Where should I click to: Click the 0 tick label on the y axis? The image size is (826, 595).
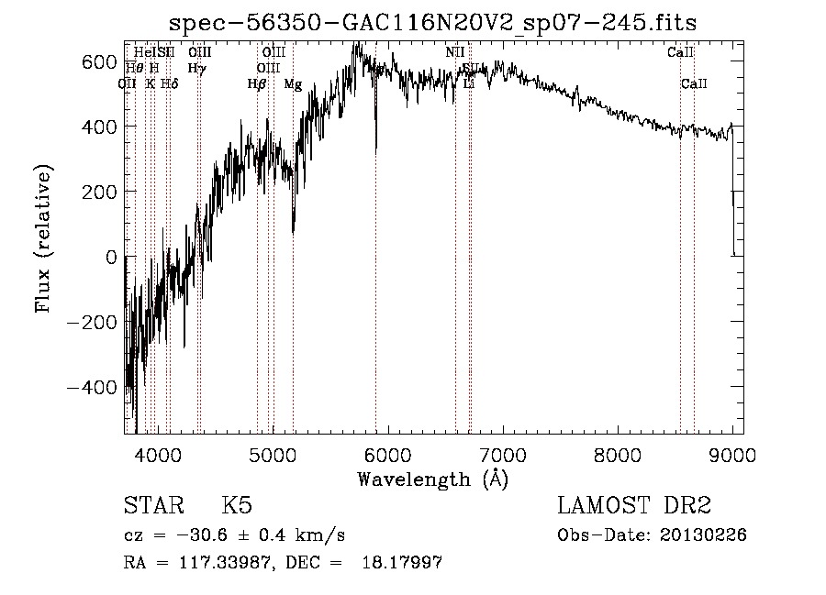[x=112, y=258]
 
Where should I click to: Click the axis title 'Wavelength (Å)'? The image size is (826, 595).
[x=432, y=479]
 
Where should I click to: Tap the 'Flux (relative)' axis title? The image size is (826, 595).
[x=44, y=237]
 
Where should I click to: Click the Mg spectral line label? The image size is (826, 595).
[x=293, y=84]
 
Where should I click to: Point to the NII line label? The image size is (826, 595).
[x=455, y=52]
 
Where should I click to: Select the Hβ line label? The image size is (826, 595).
[x=257, y=84]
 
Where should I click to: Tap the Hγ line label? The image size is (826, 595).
[x=196, y=68]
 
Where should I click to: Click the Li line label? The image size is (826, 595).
[x=468, y=84]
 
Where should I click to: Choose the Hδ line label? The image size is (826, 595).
[x=169, y=84]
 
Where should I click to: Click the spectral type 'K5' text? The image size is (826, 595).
[x=237, y=506]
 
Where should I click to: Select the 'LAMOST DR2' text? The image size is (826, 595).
[x=634, y=506]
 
